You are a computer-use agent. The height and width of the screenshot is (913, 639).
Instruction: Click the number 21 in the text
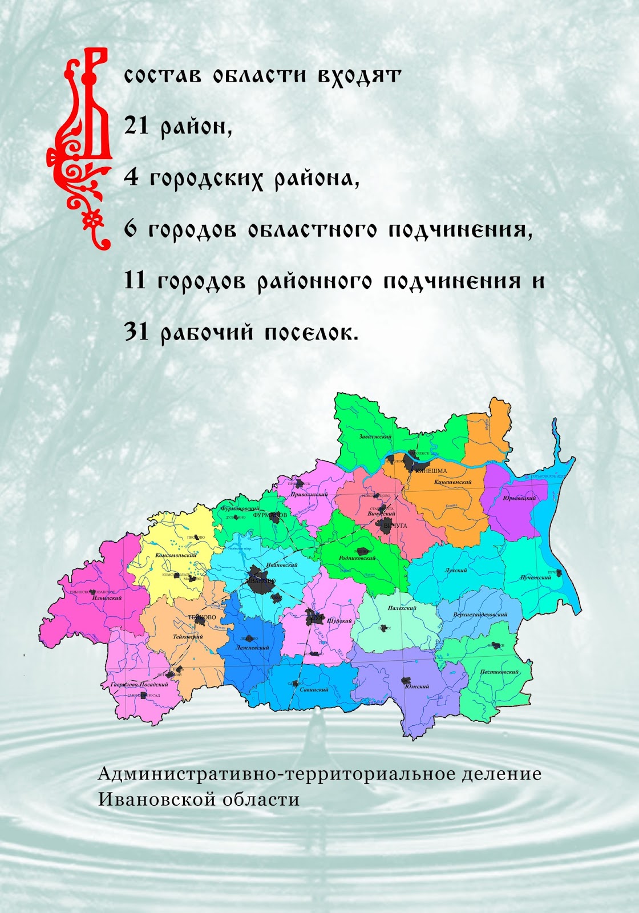tap(136, 126)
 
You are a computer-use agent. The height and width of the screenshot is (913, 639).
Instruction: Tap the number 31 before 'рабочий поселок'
tap(136, 332)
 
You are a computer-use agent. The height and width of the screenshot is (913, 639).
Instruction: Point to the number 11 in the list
tap(135, 280)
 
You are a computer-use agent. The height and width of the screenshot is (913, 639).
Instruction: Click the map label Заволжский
tap(375, 437)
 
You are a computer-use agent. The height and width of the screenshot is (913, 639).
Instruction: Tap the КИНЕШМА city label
tap(431, 471)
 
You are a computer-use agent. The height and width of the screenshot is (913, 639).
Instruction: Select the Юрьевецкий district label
tap(519, 498)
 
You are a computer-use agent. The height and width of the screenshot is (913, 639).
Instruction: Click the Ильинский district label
tap(107, 598)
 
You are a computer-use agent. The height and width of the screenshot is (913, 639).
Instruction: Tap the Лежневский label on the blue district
tap(252, 648)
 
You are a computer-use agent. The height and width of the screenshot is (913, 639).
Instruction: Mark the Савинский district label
tap(314, 689)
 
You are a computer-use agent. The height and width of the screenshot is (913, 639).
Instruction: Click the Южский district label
tap(417, 686)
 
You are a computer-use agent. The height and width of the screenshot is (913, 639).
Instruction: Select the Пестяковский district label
tap(499, 672)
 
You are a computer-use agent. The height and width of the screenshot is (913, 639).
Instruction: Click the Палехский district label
tap(402, 608)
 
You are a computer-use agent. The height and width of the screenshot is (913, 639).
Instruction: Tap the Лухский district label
tap(456, 570)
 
